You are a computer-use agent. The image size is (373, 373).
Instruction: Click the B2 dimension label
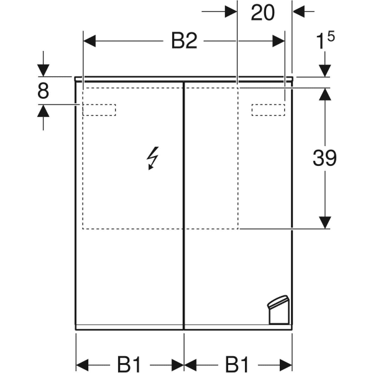(184, 41)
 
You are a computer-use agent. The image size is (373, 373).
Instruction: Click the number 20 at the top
(262, 12)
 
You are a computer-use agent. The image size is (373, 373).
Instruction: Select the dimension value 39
(325, 158)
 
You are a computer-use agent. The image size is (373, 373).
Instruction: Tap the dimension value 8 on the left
(43, 91)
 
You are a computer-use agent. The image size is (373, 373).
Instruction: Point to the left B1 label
(129, 364)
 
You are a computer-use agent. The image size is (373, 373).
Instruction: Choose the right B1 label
(237, 364)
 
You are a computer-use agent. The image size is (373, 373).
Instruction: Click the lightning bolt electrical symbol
(152, 158)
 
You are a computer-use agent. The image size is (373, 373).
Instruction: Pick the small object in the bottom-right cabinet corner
(279, 310)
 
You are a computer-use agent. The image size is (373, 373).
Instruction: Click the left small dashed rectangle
(99, 110)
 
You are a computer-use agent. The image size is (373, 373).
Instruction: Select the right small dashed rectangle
(269, 110)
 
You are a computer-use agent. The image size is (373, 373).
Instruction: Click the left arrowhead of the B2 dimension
(90, 41)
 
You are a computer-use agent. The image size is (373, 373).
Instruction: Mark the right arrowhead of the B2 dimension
(279, 41)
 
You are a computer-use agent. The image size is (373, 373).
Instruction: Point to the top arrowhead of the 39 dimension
(325, 94)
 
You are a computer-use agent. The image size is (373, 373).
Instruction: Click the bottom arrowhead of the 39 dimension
(325, 223)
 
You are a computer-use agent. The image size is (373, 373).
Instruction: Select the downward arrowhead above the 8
(44, 70)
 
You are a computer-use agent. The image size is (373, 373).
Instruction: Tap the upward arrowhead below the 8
(44, 111)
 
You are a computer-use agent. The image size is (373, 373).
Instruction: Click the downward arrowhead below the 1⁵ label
(325, 71)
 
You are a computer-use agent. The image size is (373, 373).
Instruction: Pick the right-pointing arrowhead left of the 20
(231, 11)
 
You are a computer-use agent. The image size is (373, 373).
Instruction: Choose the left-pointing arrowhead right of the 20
(299, 11)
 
